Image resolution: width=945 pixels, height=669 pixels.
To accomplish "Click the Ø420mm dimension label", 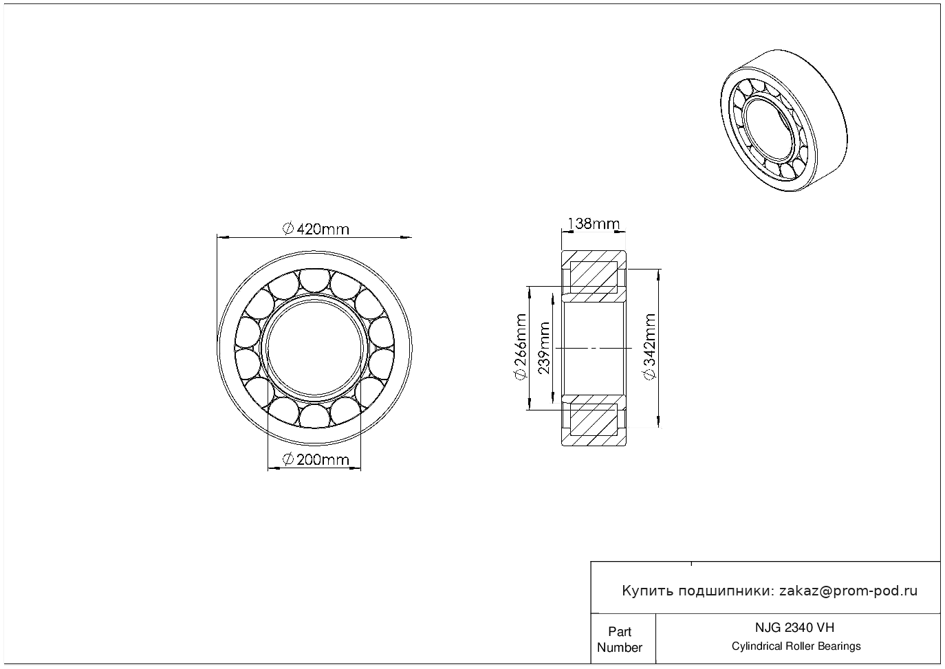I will (x=316, y=228).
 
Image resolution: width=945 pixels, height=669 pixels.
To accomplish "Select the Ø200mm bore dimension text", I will (x=316, y=460).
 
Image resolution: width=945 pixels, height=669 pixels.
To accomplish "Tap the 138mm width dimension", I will (x=593, y=223).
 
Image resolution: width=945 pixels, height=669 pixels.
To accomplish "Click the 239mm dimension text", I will (x=544, y=348).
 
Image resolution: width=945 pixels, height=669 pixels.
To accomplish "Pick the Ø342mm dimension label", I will (x=649, y=347).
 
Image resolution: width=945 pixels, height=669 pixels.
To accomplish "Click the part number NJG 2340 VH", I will (x=796, y=627).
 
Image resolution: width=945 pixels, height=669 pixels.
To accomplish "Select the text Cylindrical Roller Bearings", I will (x=796, y=646).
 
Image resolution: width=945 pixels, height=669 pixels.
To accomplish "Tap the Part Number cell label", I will (x=620, y=639).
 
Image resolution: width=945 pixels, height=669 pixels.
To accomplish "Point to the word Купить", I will (x=647, y=591).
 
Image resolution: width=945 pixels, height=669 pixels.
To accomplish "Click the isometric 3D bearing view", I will (x=783, y=122).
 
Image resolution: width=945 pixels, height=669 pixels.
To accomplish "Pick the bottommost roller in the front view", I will (x=314, y=415).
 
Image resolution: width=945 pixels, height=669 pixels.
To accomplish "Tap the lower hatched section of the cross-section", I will (x=594, y=419).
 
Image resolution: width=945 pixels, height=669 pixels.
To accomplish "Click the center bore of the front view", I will (x=314, y=347).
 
